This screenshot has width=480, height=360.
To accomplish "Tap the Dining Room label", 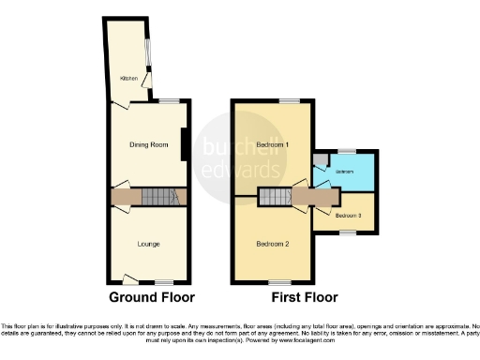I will coord(148,144).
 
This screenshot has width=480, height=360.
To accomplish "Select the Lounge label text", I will coord(148,245).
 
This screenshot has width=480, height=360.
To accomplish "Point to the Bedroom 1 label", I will coord(272,145).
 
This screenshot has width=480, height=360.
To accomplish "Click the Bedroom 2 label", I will coord(272,243).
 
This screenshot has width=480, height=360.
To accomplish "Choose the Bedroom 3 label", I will coord(347,216).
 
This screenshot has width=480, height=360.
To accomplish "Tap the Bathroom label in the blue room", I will coord(345,172).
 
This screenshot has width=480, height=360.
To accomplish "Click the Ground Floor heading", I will coord(152,297).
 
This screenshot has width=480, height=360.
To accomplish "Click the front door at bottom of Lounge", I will coord(131,279).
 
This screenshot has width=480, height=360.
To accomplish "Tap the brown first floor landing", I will coord(314,196).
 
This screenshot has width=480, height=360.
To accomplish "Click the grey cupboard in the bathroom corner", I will coord(320,158).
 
